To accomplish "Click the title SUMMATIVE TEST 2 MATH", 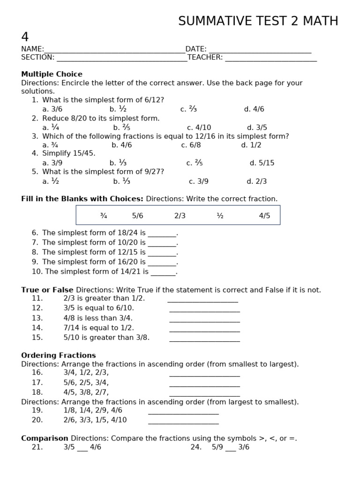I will (x=258, y=21).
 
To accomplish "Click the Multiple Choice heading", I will (x=52, y=74).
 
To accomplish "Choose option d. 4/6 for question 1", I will (x=254, y=109).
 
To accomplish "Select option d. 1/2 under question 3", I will (x=251, y=145).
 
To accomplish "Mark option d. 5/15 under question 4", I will (x=262, y=163).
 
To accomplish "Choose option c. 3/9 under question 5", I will (x=199, y=181).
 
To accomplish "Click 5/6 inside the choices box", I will (x=137, y=216).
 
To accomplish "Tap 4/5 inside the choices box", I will (x=264, y=216).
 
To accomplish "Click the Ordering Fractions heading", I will (x=58, y=355).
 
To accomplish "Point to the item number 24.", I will (x=196, y=447).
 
